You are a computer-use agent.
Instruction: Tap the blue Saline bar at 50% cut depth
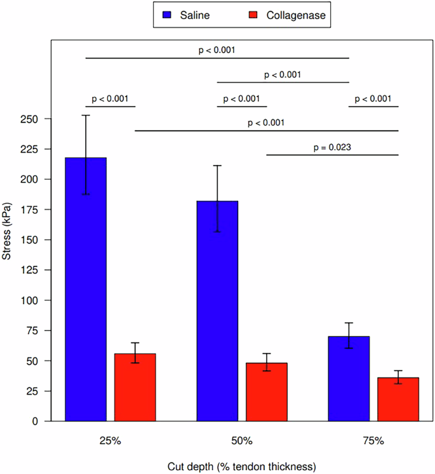217,311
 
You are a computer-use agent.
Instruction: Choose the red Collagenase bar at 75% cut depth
398,399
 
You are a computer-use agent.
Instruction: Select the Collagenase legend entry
280,15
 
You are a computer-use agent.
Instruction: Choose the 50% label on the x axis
242,440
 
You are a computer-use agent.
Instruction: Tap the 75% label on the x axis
373,440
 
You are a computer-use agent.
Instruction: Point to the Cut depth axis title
242,467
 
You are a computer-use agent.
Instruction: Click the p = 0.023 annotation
332,147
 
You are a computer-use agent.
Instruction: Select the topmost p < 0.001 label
217,49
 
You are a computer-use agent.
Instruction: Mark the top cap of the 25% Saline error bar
86,115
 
